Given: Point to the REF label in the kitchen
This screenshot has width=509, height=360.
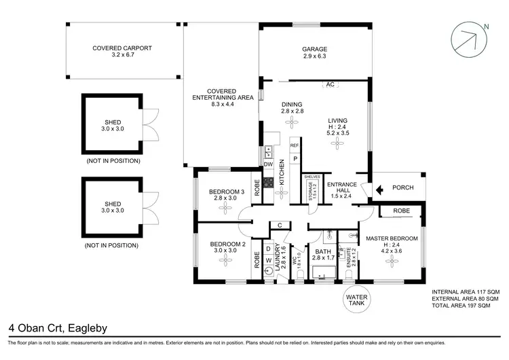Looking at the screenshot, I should pos(295,145).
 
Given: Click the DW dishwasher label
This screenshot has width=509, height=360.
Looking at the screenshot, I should pos(268,165).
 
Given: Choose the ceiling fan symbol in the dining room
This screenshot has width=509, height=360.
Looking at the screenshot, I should pos(292,122).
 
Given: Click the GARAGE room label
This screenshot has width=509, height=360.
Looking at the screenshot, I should pos(315,50).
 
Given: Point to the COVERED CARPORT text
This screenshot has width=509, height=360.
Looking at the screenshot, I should pos(122,49).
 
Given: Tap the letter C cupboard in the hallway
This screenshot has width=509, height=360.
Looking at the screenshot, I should pos(279,226).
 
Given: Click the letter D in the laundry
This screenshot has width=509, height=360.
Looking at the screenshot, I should pos(268,249).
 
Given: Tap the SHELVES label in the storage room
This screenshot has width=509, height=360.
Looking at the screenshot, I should pos(312,177).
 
